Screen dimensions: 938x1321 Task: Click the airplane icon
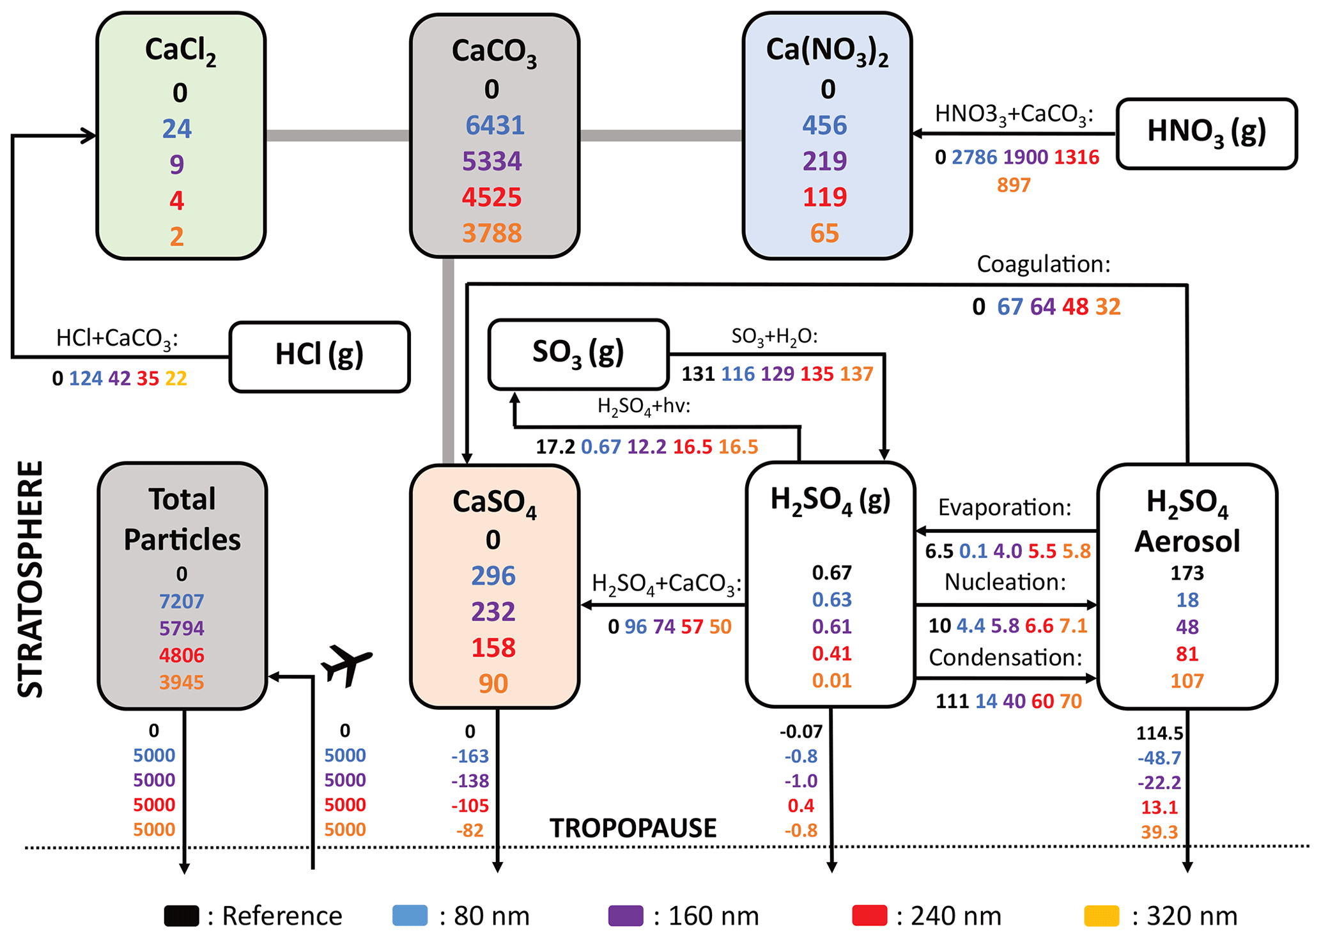pyautogui.click(x=346, y=665)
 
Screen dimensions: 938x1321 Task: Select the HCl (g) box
pyautogui.click(x=320, y=356)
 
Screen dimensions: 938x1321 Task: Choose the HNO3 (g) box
pyautogui.click(x=1207, y=133)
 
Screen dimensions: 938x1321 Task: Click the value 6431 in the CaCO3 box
pyautogui.click(x=495, y=125)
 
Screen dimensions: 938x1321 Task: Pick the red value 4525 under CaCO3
pyautogui.click(x=491, y=197)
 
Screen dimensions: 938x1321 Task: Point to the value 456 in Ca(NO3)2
pyautogui.click(x=824, y=125)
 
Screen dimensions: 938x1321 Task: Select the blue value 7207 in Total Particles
pyautogui.click(x=182, y=601)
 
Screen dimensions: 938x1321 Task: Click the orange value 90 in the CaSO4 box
pyautogui.click(x=493, y=684)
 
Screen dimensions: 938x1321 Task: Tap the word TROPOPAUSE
pyautogui.click(x=633, y=828)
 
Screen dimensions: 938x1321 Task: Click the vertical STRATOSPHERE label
pyautogui.click(x=30, y=579)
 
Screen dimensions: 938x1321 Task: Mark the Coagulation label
pyautogui.click(x=1043, y=264)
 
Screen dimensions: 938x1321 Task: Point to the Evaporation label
pyautogui.click(x=1004, y=507)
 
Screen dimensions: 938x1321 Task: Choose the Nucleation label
pyautogui.click(x=1005, y=582)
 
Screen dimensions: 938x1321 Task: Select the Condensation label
pyautogui.click(x=1005, y=657)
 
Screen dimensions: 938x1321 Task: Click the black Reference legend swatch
pyautogui.click(x=182, y=916)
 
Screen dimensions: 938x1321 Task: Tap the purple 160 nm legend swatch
pyautogui.click(x=626, y=916)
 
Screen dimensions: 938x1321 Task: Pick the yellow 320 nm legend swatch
pyautogui.click(x=1102, y=916)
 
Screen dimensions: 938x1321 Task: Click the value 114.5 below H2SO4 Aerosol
pyautogui.click(x=1159, y=733)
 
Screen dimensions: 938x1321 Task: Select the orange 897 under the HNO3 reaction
pyautogui.click(x=1014, y=185)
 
